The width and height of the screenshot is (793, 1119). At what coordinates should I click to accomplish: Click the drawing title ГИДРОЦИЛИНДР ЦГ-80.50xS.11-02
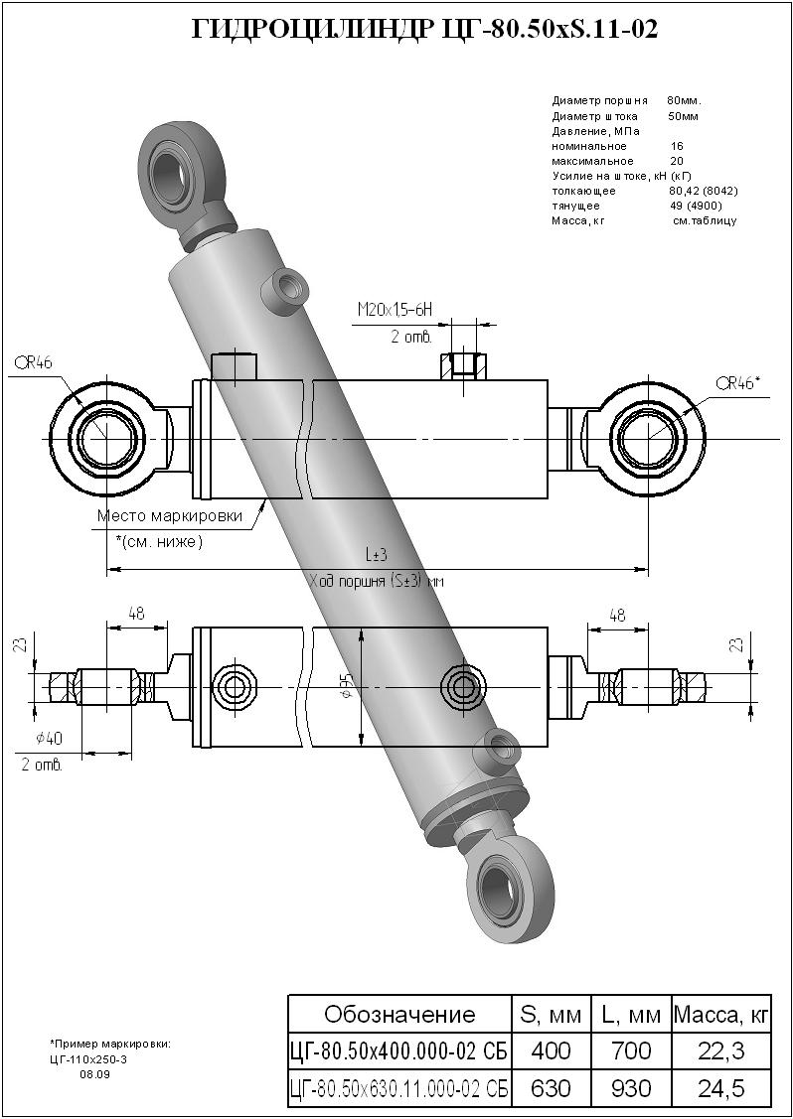[x=423, y=30]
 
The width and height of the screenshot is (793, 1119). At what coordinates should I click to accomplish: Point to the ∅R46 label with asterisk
[x=742, y=382]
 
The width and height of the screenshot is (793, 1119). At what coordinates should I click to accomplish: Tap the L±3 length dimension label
[x=375, y=557]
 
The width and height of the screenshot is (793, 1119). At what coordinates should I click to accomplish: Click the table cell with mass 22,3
[x=721, y=1050]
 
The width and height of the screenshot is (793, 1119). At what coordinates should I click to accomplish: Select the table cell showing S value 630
[x=551, y=1088]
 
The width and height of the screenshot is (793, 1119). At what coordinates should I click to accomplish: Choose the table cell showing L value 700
[x=631, y=1050]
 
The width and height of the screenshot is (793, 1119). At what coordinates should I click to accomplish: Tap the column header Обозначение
[x=399, y=1014]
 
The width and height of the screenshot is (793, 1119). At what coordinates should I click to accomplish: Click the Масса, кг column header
[x=721, y=1014]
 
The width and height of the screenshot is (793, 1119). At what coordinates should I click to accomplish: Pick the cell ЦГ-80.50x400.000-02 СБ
[x=399, y=1050]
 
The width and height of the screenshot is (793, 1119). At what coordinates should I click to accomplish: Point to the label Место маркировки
[x=170, y=516]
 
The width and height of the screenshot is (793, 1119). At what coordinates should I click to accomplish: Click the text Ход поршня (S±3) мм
[x=376, y=582]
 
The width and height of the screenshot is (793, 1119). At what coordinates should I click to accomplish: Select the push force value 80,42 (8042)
[x=704, y=191]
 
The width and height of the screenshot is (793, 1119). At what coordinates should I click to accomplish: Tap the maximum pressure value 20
[x=677, y=161]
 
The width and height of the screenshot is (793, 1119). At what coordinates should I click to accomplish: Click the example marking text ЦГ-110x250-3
[x=89, y=1059]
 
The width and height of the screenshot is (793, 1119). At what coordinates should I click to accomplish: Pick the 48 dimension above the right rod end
[x=617, y=616]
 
